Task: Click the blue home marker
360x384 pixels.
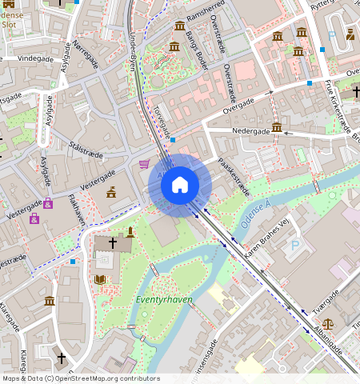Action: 180,186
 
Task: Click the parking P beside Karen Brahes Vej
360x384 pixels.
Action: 297,246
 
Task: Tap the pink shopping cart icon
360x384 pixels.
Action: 144,164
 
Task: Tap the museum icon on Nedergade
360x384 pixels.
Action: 277,127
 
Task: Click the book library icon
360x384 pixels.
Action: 101,279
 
